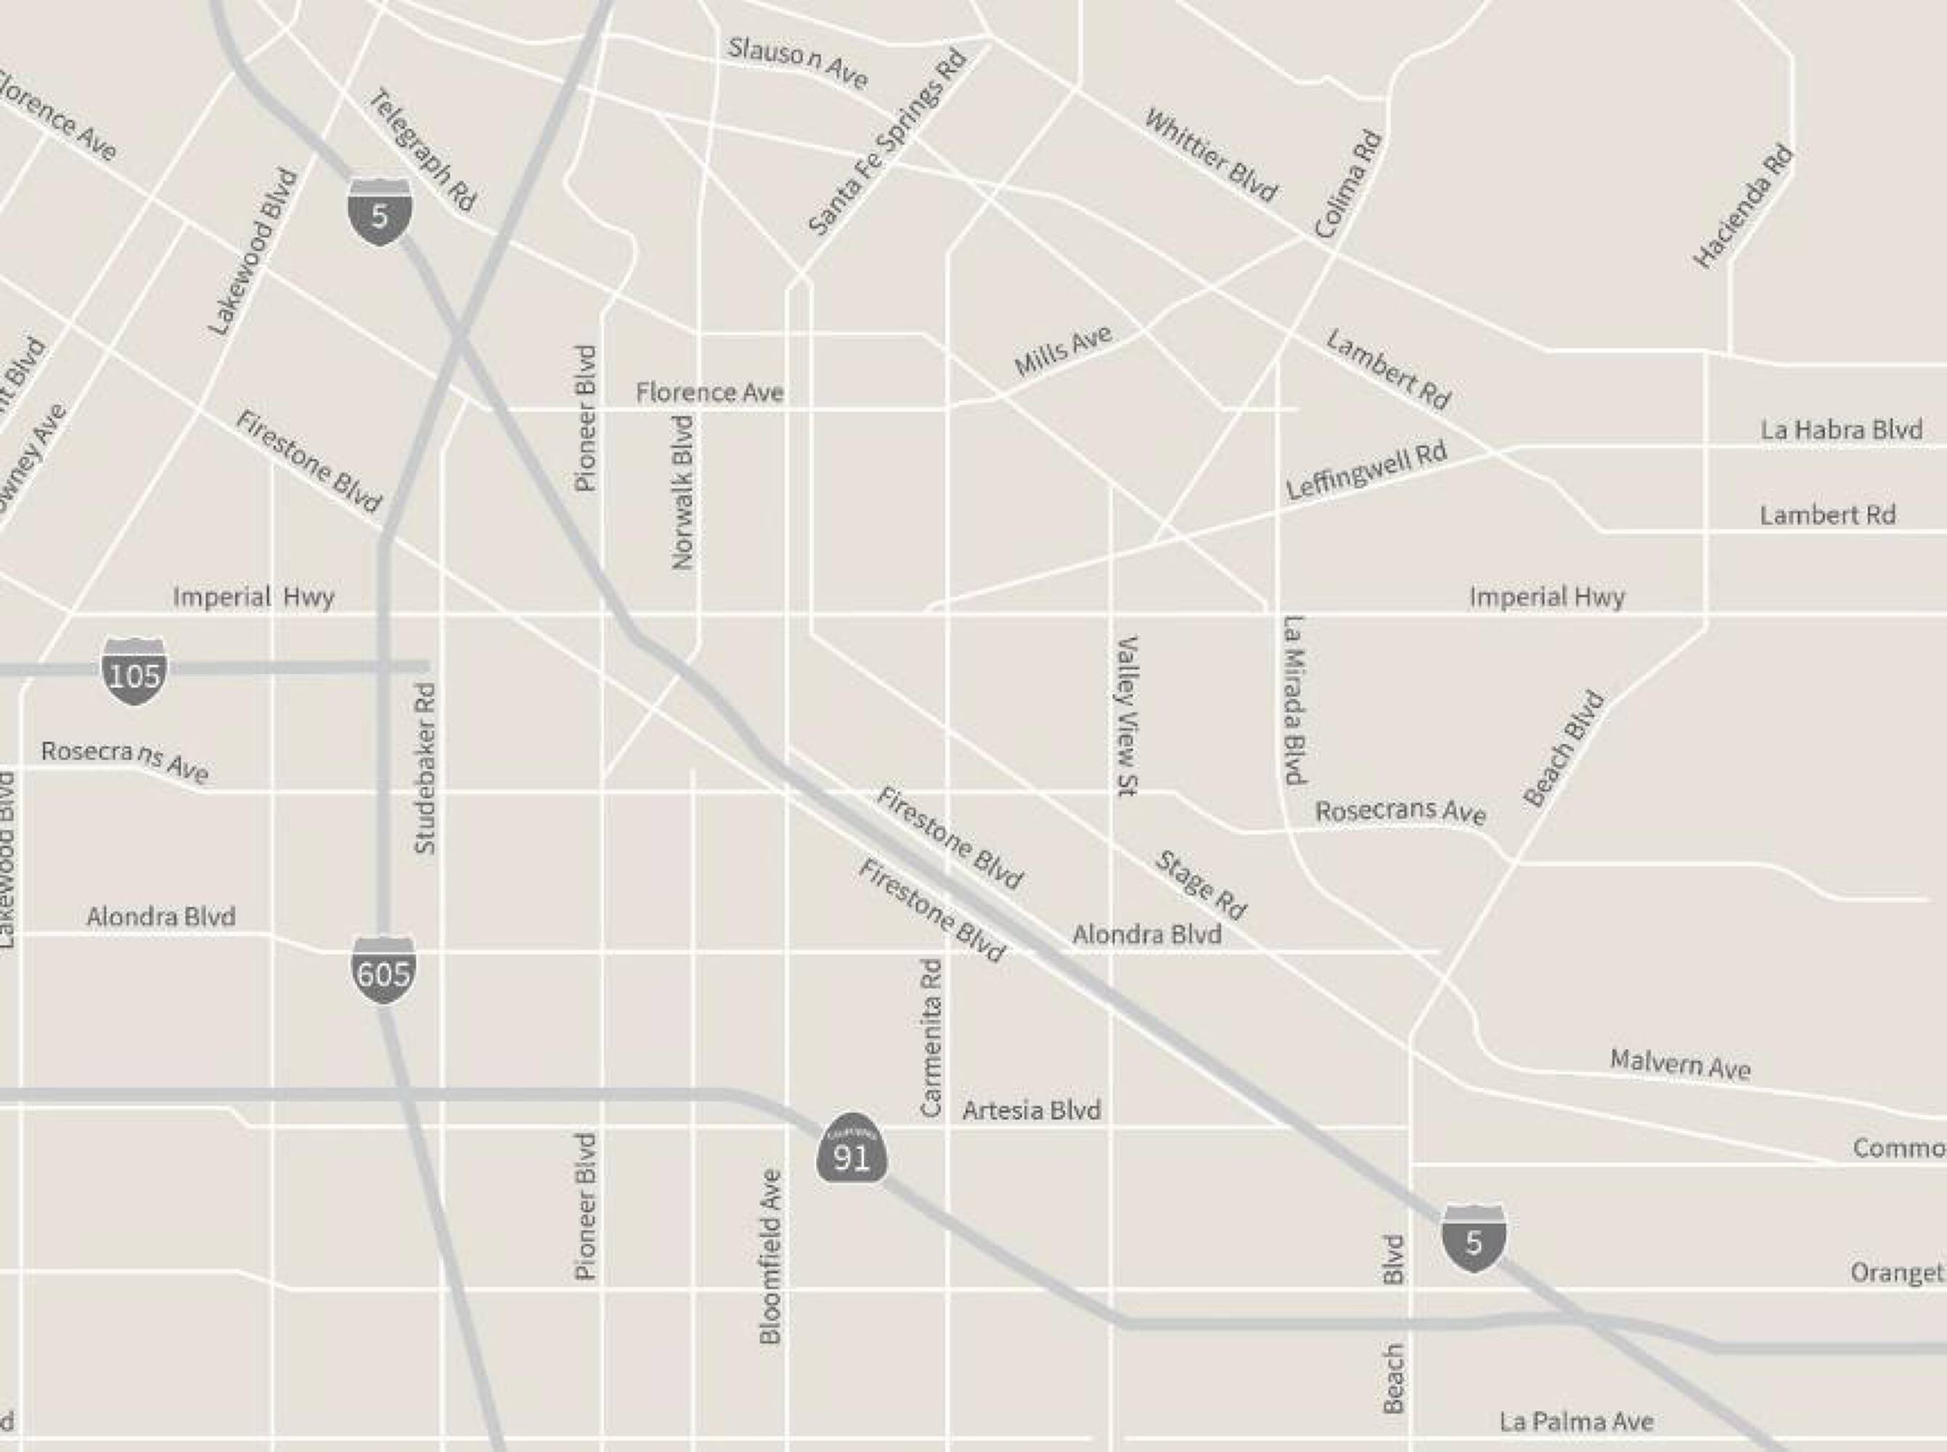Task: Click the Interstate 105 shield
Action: pos(134,672)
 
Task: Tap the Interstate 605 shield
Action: pos(384,971)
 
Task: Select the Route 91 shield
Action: pos(851,1150)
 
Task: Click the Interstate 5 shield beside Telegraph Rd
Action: pos(380,212)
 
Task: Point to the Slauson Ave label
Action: pos(798,63)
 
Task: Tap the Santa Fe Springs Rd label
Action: pos(887,142)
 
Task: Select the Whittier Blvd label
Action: pos(1211,155)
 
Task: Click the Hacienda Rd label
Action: pos(1742,207)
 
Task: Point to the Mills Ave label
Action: pos(1063,350)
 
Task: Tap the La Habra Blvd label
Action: pos(1841,430)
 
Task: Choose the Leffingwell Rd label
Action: pos(1366,471)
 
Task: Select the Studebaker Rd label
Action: pos(425,767)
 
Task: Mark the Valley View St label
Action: pos(1127,717)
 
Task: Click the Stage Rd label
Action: pos(1200,885)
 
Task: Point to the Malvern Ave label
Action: pos(1680,1064)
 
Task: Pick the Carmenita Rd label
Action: pos(931,1038)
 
